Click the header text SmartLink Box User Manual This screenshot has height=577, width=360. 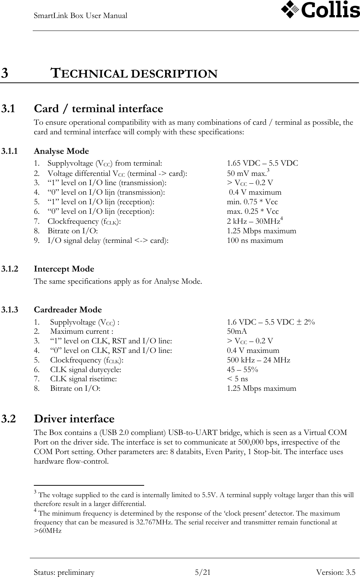[81, 16]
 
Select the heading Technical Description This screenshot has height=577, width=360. [134, 74]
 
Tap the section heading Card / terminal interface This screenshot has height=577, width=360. [98, 109]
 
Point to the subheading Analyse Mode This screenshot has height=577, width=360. [61, 151]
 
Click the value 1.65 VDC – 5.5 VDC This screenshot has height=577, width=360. [262, 163]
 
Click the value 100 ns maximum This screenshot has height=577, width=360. [255, 241]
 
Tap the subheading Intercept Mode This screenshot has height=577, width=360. [64, 269]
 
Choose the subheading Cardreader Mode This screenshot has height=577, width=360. [68, 310]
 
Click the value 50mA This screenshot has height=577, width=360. [237, 332]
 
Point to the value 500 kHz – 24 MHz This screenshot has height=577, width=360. [258, 360]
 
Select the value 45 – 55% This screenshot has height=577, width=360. [242, 369]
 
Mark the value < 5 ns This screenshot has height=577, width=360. [237, 379]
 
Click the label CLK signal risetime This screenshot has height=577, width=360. [83, 379]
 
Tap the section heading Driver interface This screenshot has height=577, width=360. [74, 419]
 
